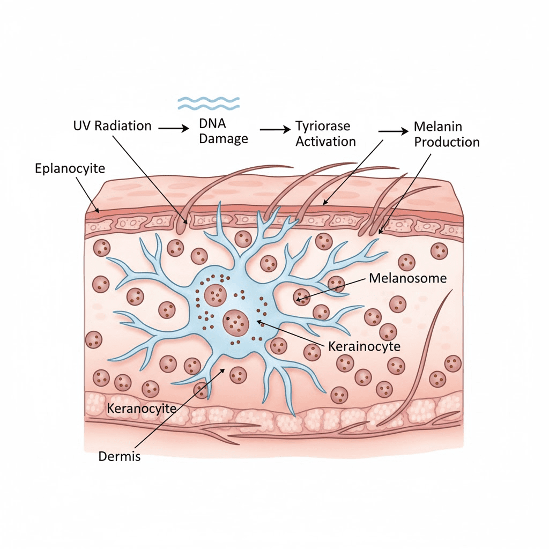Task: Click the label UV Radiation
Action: [112, 127]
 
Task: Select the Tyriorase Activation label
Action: [325, 134]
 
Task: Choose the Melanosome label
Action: [408, 278]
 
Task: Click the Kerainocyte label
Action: [364, 346]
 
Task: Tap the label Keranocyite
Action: [142, 409]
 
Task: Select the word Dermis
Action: [119, 457]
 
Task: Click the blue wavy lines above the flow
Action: [209, 103]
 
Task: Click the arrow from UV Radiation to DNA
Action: [174, 129]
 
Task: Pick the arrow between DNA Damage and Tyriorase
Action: [273, 130]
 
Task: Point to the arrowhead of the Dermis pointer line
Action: [222, 369]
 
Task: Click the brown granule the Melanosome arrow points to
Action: [301, 295]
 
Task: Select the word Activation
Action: [325, 142]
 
